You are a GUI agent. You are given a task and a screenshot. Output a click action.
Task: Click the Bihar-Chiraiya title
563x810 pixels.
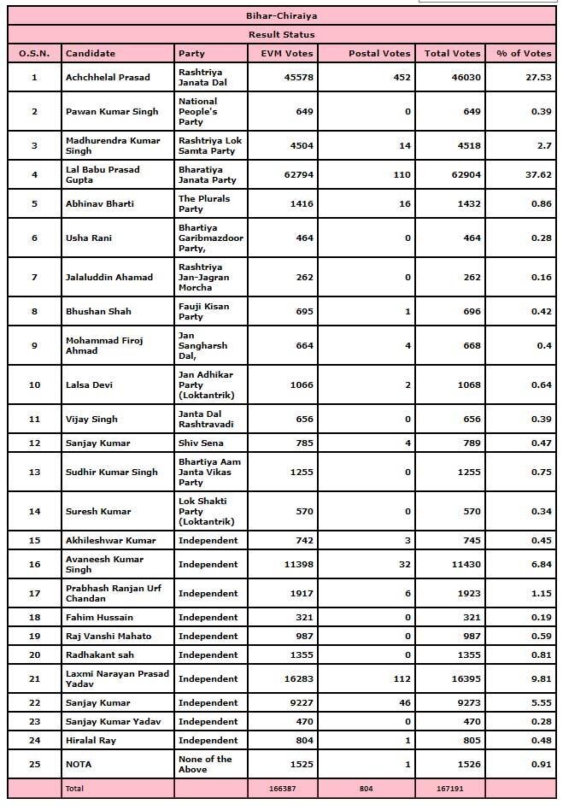coord(281,15)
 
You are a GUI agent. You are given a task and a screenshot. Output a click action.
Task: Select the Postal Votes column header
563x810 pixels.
coord(379,53)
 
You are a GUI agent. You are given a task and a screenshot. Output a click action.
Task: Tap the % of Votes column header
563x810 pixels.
coord(524,53)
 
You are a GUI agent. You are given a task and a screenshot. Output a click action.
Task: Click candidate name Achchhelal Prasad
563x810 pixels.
coord(108,77)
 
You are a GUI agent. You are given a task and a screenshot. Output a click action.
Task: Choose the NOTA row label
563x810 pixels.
coord(79,764)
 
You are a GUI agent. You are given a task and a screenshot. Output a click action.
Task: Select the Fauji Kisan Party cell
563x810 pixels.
coord(203,311)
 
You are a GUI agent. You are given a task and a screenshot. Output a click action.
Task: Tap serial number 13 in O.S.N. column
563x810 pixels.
coord(34,472)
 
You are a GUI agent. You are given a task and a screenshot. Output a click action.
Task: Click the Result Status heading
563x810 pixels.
coord(281,34)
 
